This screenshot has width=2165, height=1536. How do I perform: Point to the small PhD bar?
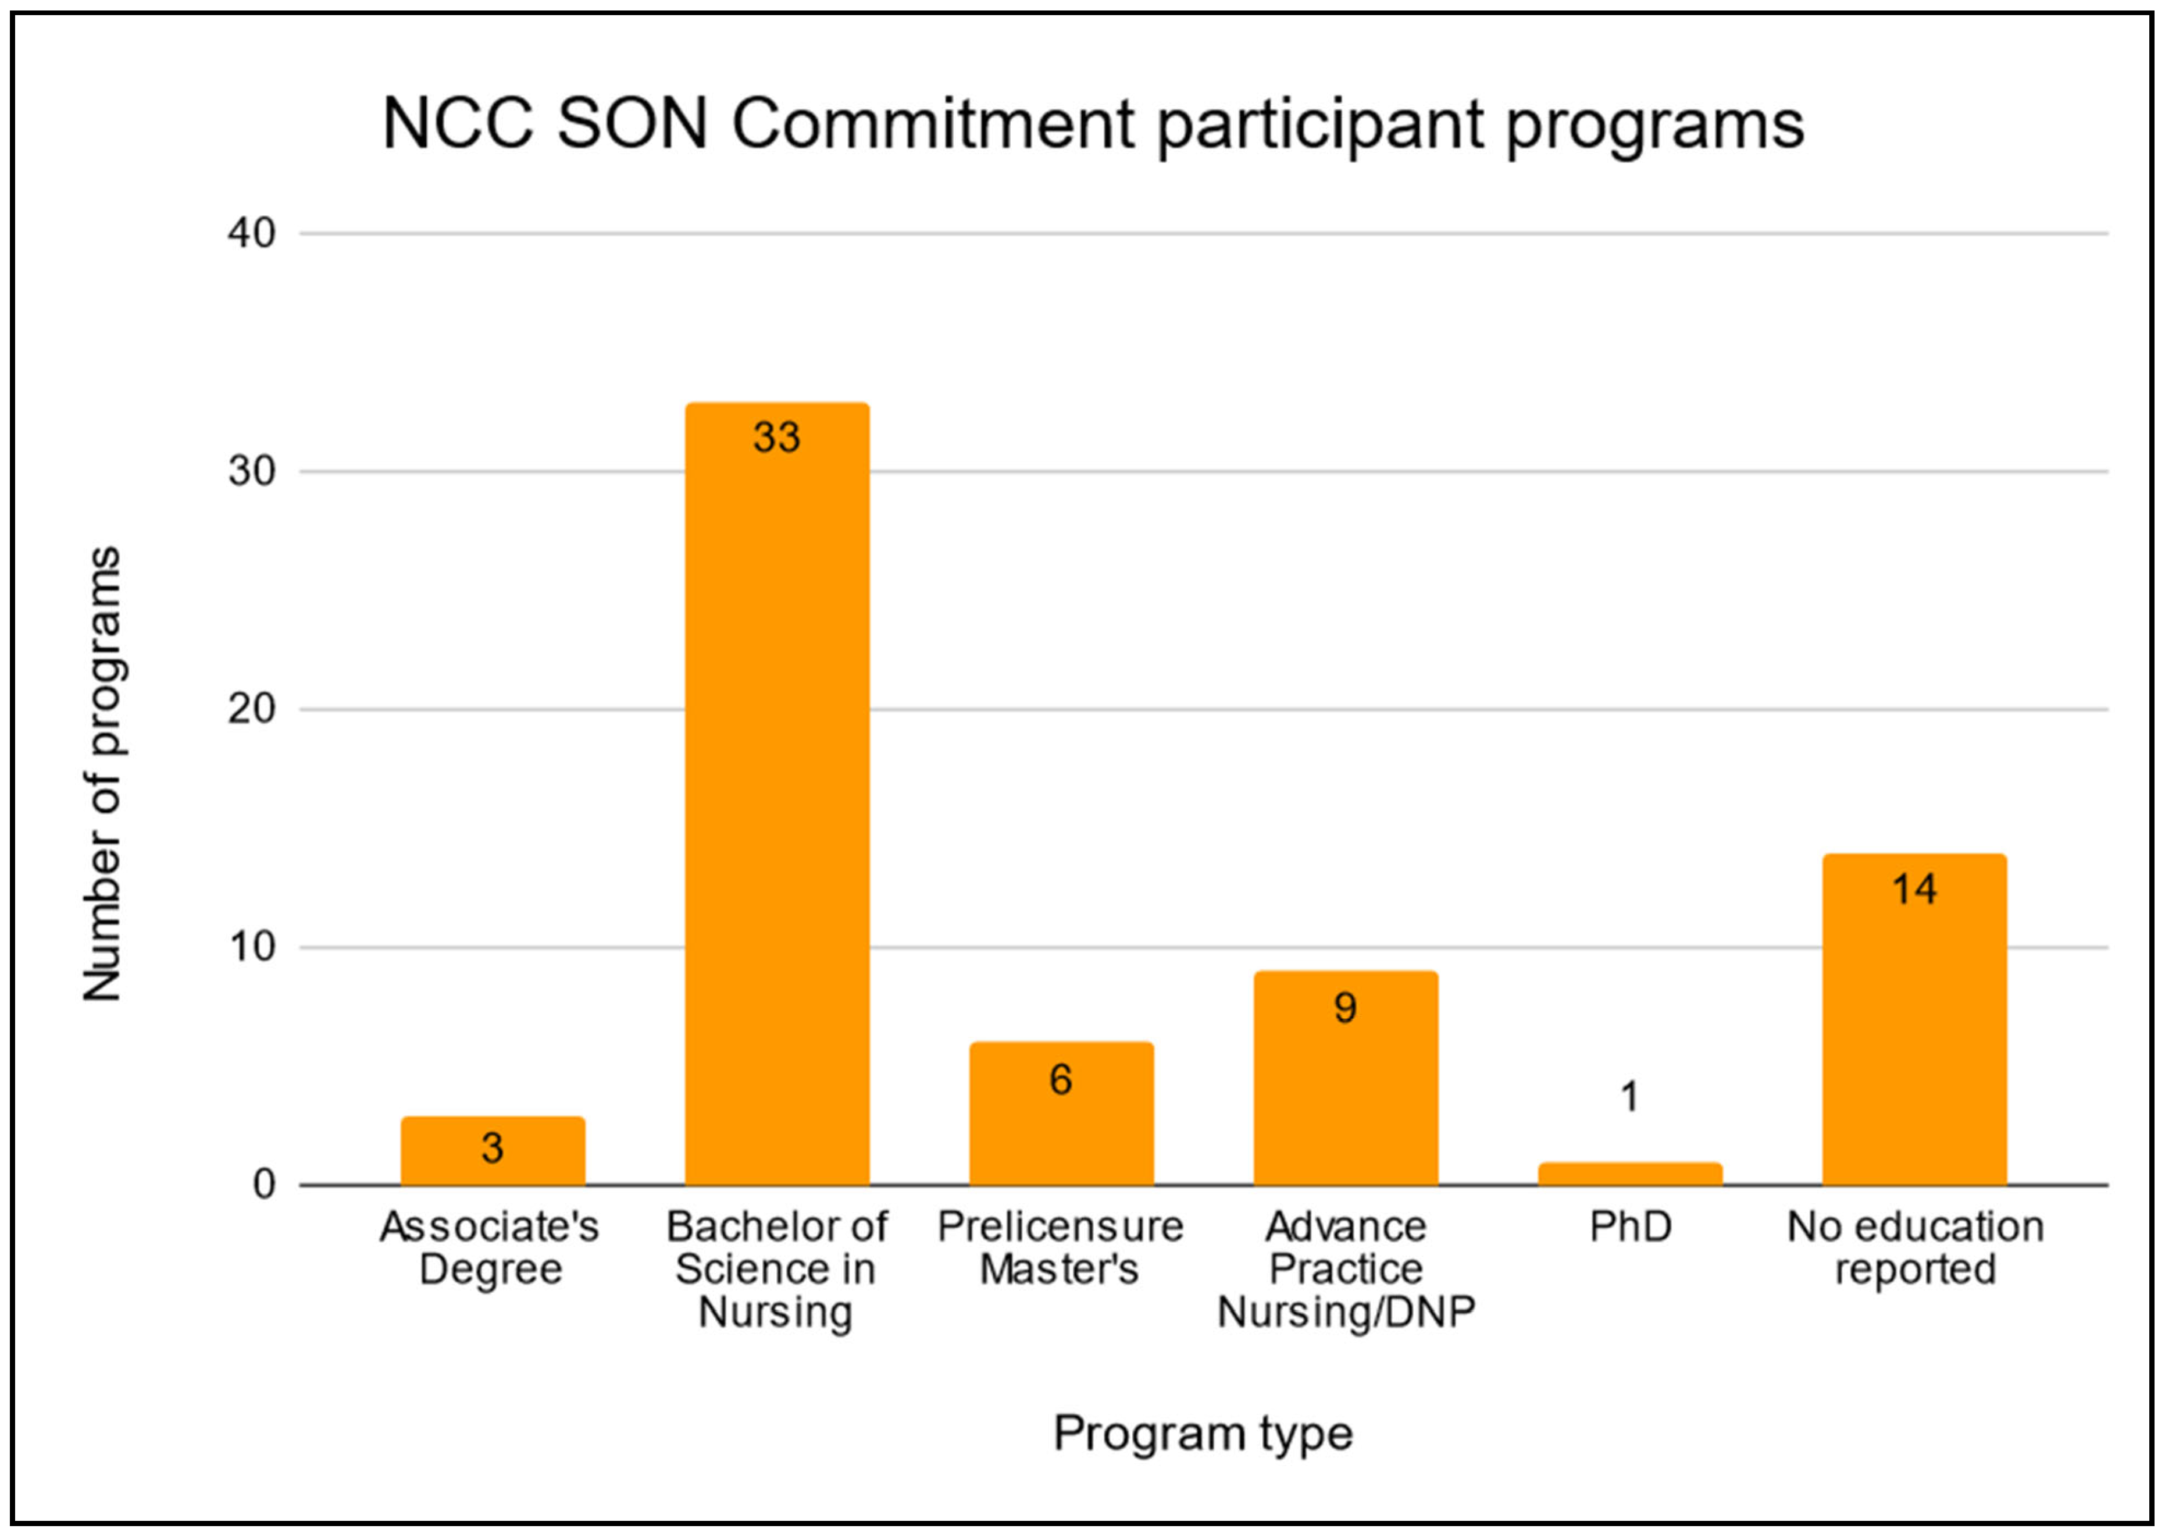tap(1630, 1173)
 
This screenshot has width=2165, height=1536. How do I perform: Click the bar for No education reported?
tap(1914, 1022)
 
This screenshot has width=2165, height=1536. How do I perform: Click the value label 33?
tap(776, 437)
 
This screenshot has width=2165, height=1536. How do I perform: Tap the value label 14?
tap(1914, 889)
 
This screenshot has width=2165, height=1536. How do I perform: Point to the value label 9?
tap(1345, 1008)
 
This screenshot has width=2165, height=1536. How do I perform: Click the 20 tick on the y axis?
tap(251, 709)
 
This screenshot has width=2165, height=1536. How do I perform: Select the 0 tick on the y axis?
tap(264, 1184)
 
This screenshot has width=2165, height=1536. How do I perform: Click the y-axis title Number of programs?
tap(102, 774)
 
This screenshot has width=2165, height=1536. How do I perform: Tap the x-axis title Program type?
tap(1203, 1434)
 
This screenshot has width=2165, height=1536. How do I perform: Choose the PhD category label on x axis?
tap(1630, 1226)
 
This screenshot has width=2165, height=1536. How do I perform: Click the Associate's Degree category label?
tap(490, 1247)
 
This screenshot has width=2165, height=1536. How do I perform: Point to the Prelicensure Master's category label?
tap(1060, 1247)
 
